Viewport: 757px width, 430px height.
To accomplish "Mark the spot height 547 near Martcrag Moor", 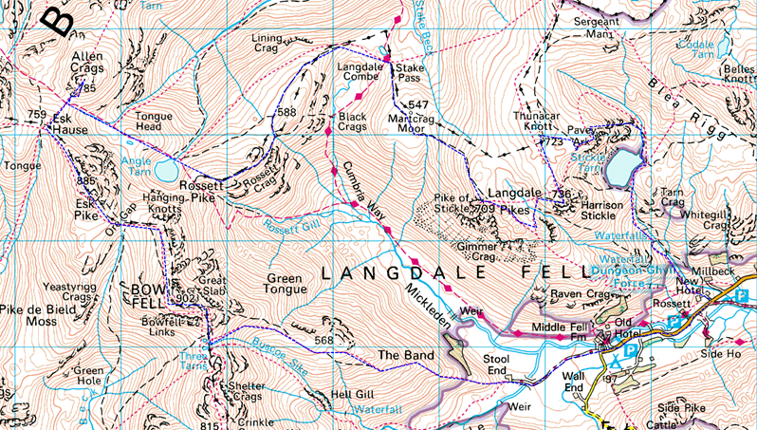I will (x=420, y=103).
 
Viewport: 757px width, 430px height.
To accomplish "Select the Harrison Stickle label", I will (x=598, y=210).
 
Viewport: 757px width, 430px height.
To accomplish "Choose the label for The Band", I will (x=406, y=356).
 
